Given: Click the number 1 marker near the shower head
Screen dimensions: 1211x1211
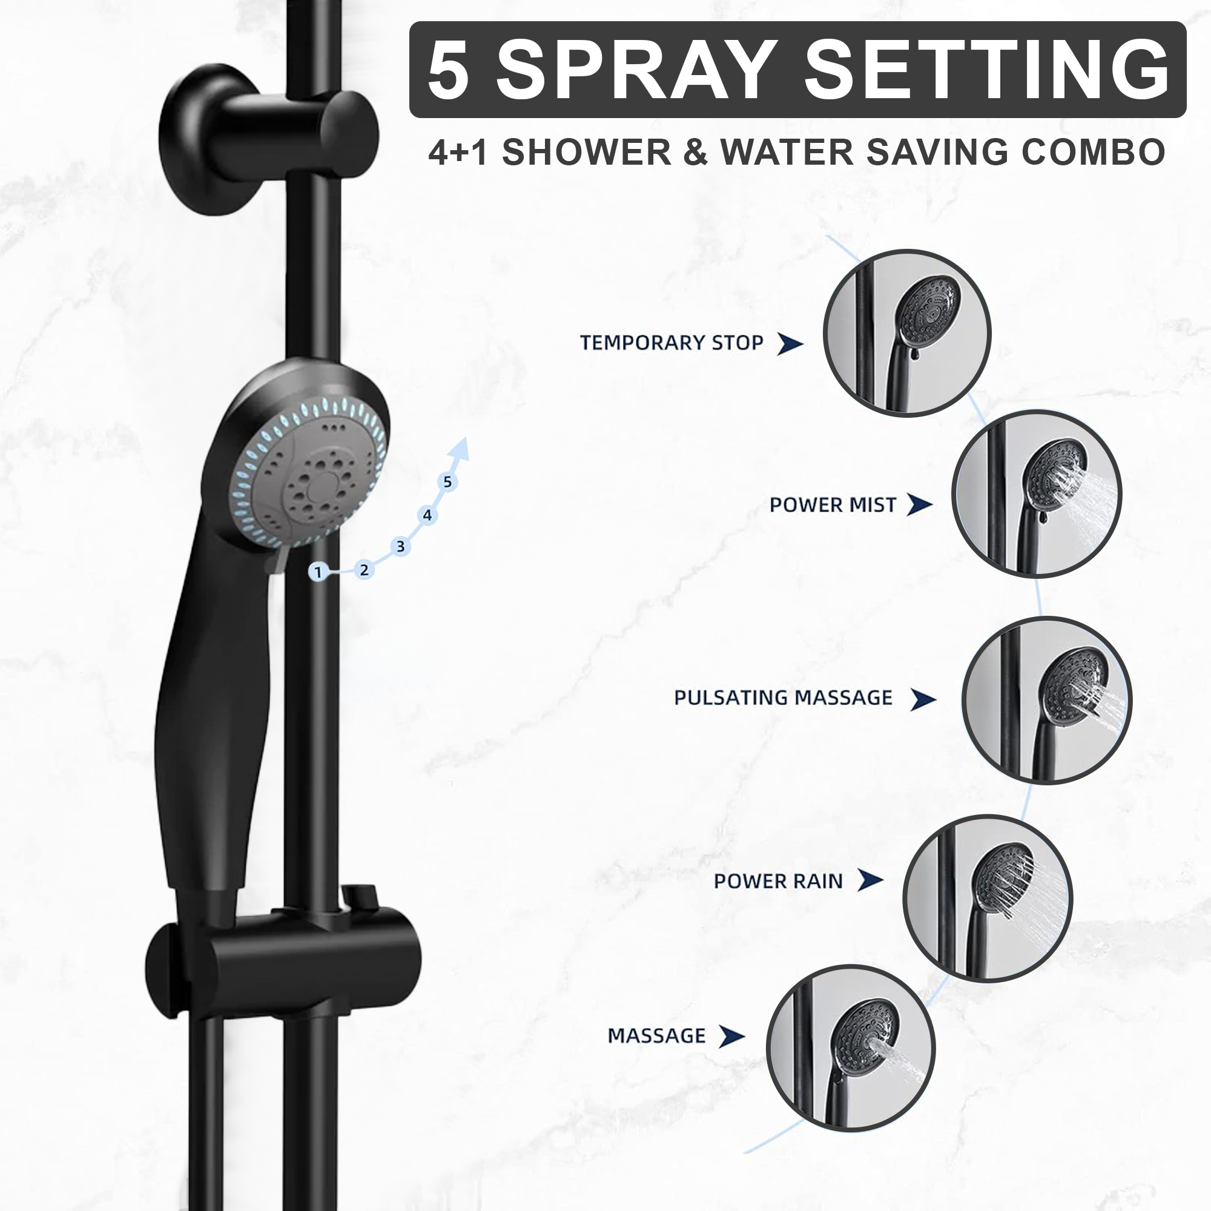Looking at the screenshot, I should click(x=318, y=572).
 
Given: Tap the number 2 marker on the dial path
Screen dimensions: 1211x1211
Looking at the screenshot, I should click(x=363, y=570).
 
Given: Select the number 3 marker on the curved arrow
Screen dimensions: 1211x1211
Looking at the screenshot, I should click(x=400, y=547).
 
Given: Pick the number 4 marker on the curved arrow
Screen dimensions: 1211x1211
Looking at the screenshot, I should click(x=427, y=516).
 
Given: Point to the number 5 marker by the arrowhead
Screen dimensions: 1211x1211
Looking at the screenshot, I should click(x=447, y=482).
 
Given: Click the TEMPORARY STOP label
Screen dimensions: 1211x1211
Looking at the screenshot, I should click(x=671, y=343).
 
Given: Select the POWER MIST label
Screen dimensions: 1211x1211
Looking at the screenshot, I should click(x=833, y=505).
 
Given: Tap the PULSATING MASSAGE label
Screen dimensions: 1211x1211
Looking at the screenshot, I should click(x=783, y=698).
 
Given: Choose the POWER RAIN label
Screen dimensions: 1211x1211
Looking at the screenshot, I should click(x=778, y=881).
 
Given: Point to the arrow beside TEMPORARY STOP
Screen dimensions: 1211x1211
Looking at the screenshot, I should click(x=790, y=343).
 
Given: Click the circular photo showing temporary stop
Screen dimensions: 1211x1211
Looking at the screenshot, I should click(x=907, y=333).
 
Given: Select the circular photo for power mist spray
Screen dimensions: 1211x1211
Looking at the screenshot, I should click(x=1037, y=493).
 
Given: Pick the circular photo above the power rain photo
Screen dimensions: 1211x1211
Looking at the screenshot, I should click(x=1047, y=700).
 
